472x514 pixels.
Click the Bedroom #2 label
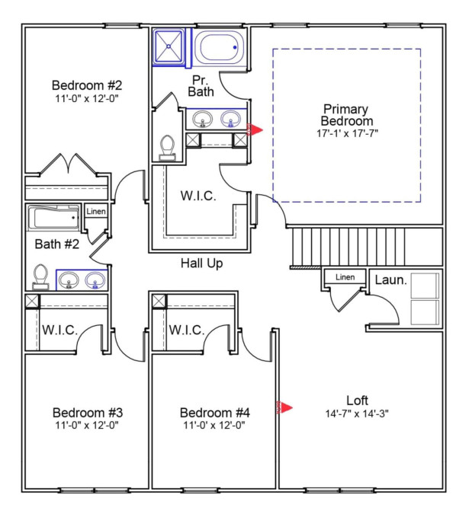click(87, 85)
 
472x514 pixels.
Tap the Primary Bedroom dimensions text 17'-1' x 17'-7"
click(347, 133)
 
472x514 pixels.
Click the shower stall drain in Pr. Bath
click(169, 46)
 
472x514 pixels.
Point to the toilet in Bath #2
click(40, 277)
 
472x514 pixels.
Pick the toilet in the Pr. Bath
click(168, 148)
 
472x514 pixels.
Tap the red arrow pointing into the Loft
click(284, 407)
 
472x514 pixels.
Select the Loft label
click(357, 401)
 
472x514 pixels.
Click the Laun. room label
click(391, 280)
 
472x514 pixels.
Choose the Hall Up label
click(202, 263)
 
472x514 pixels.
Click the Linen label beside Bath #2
click(96, 212)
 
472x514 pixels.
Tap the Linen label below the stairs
click(345, 277)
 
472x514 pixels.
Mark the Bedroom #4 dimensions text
click(214, 425)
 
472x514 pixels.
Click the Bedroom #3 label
click(88, 413)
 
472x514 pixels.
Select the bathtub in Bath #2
click(53, 218)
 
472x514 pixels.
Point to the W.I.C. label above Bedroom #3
click(59, 330)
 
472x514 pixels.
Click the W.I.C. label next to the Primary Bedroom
click(198, 196)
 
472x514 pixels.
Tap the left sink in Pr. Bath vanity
click(202, 119)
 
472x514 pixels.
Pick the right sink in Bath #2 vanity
click(95, 280)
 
